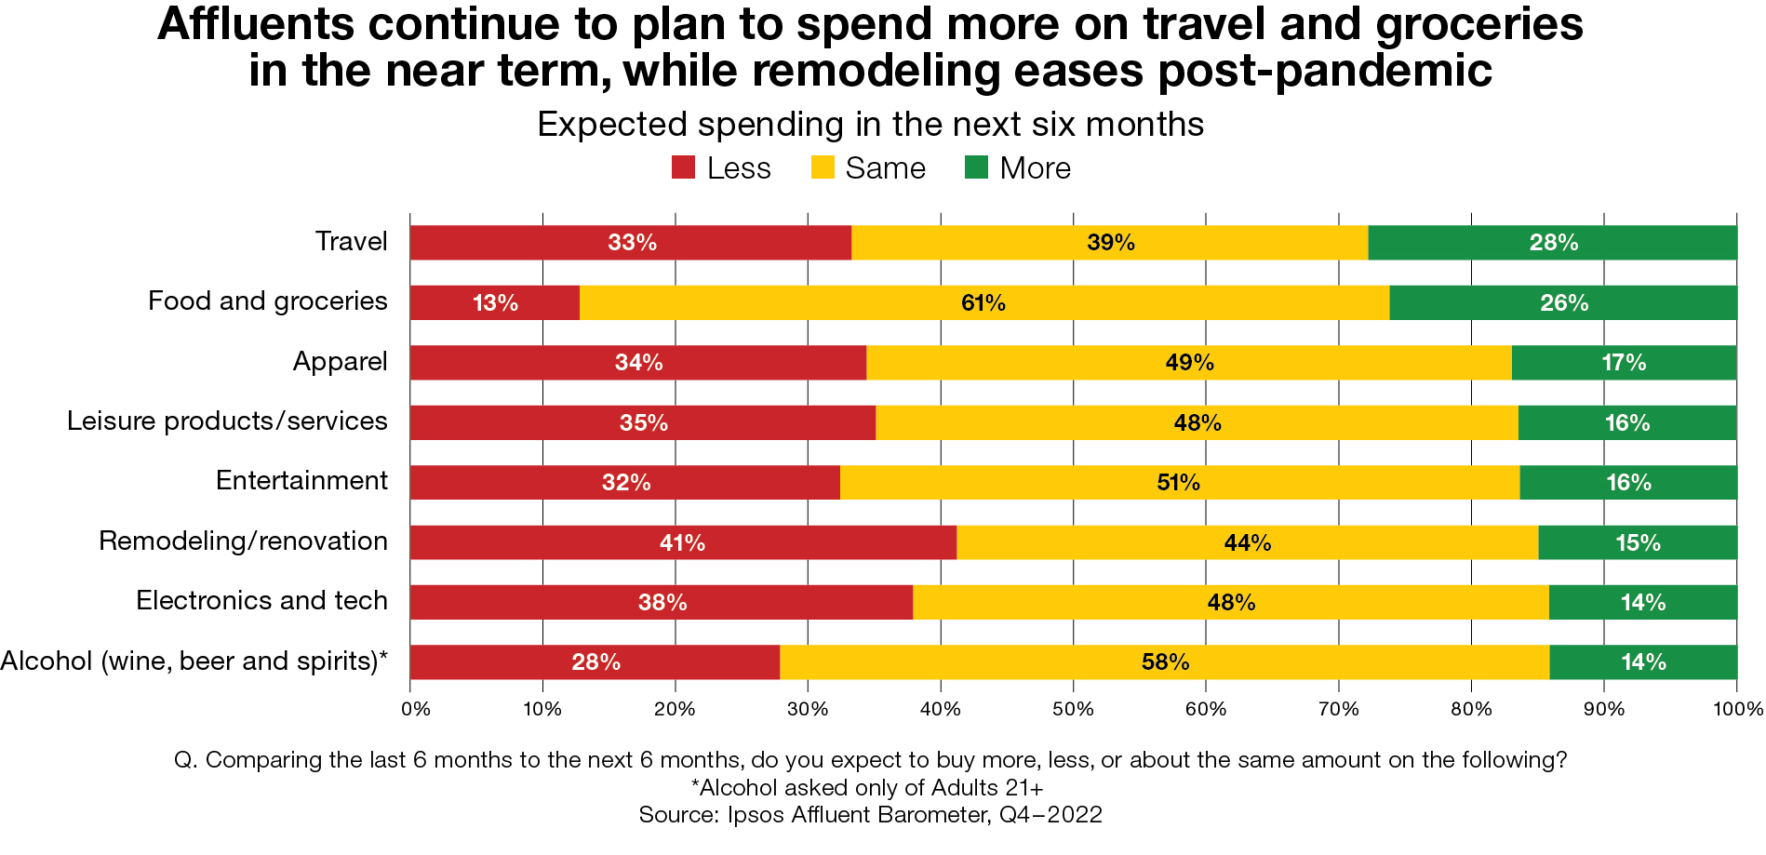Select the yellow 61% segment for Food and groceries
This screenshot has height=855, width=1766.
click(983, 303)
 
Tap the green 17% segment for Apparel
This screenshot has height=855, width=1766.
click(1624, 363)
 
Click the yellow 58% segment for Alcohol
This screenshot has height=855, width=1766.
click(1164, 662)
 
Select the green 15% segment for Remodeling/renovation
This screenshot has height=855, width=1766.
click(1638, 542)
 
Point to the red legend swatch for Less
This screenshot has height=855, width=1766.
click(683, 168)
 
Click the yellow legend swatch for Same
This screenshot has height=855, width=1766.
click(823, 168)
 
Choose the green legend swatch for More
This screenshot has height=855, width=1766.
click(976, 168)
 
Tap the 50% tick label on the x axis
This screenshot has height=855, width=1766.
click(1073, 710)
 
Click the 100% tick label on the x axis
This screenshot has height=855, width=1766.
click(1738, 710)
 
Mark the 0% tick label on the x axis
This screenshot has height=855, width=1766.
click(415, 710)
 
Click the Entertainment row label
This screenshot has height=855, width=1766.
click(301, 481)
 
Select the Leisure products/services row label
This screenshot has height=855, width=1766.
click(227, 421)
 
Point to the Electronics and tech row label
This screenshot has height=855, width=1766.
click(261, 601)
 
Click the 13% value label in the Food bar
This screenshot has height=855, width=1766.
click(495, 303)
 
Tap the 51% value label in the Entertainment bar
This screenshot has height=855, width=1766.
click(1178, 483)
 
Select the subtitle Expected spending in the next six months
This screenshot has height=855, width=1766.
click(870, 125)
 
